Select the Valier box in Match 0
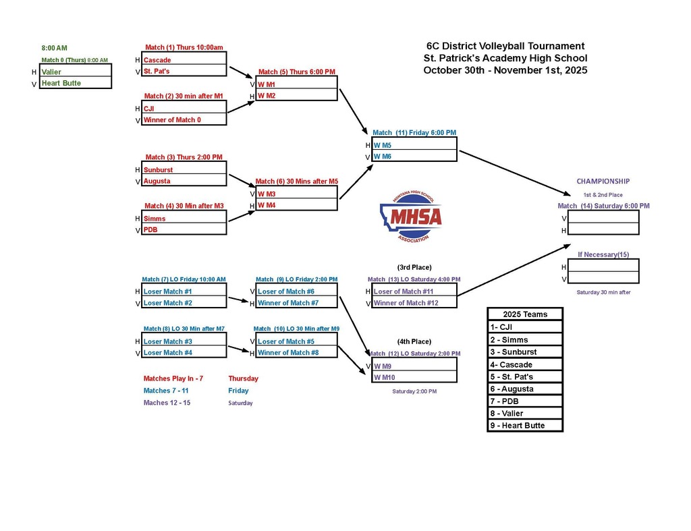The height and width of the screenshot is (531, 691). coord(76,72)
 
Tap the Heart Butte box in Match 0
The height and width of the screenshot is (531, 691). coord(76,83)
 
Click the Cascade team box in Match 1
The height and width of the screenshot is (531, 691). coord(184,60)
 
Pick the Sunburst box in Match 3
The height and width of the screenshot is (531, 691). coord(184,170)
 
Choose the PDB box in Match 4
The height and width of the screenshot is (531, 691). coord(184,229)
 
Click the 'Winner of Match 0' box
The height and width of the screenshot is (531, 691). coord(184,120)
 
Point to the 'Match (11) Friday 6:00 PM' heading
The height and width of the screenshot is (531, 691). coord(414,132)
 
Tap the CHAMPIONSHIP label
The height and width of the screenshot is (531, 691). coord(603,181)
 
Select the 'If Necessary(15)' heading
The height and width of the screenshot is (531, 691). coord(603,254)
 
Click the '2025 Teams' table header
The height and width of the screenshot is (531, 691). coord(525,314)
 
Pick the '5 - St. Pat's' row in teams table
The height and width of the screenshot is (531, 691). coord(525,376)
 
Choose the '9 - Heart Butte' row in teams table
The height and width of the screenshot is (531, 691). coord(525,426)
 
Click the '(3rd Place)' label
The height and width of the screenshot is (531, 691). coord(414,267)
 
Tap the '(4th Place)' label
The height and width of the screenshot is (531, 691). coord(414,341)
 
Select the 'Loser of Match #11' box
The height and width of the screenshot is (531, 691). coord(414,291)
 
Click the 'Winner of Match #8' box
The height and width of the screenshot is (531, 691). coord(296,352)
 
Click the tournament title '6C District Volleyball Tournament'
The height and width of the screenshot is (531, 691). coord(505,46)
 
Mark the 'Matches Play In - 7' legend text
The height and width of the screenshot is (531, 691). coord(173,379)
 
